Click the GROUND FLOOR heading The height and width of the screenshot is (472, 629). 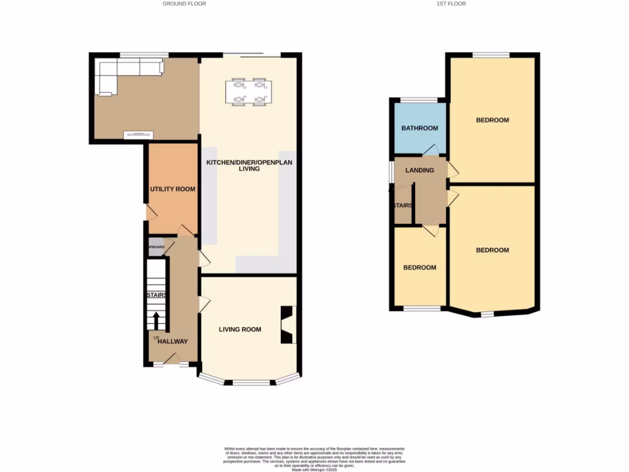click(184, 4)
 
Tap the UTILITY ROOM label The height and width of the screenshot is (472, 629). click(173, 189)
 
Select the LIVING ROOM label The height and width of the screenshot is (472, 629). click(240, 329)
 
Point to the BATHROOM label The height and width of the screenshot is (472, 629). click(420, 128)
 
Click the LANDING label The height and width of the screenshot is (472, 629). click(420, 170)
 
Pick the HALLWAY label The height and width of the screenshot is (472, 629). click(173, 342)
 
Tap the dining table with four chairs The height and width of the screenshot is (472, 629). click(249, 92)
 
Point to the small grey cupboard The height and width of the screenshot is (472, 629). click(156, 247)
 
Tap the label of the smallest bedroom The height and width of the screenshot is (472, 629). click(420, 268)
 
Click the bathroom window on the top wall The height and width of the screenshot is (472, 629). click(419, 100)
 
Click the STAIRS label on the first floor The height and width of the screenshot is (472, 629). click(403, 206)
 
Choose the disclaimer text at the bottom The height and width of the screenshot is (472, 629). click(314, 458)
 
